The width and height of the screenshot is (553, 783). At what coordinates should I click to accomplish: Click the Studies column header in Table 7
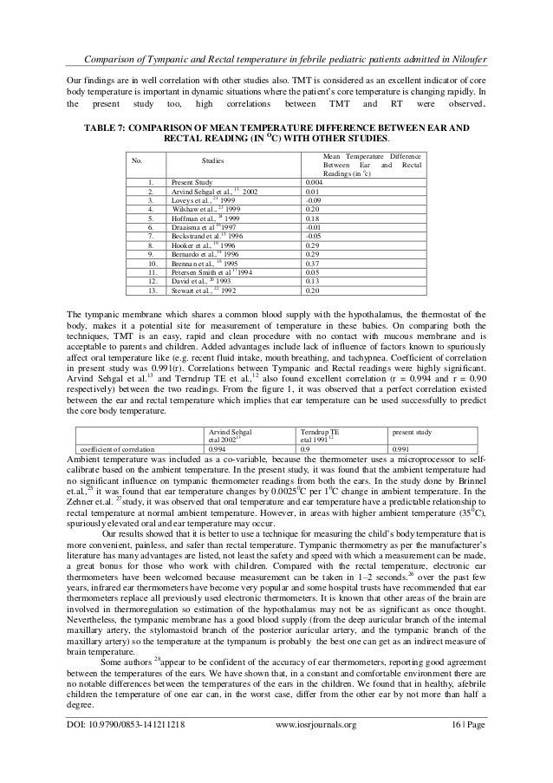(x=212, y=161)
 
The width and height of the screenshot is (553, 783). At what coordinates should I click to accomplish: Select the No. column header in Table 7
(x=136, y=161)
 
